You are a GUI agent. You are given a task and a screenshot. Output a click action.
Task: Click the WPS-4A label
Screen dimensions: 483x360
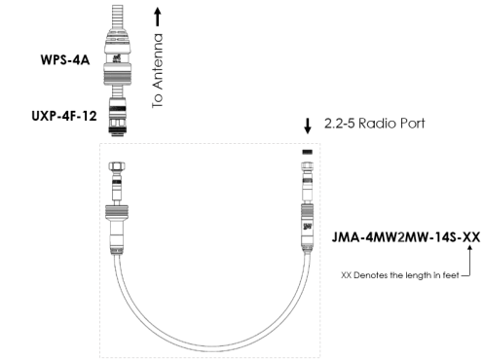click(65, 60)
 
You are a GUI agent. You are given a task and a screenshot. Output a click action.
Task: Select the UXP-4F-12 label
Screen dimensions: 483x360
click(64, 116)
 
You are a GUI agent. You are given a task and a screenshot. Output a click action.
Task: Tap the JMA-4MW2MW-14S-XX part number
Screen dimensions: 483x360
click(406, 237)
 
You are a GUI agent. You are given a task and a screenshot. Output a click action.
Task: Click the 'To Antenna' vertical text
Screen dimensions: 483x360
click(158, 71)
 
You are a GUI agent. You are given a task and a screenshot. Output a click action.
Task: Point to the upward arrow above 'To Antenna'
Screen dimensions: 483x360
click(158, 17)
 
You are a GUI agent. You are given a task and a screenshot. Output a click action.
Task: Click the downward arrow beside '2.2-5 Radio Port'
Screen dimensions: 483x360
click(308, 126)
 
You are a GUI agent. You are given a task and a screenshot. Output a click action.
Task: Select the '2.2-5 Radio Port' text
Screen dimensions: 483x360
click(375, 124)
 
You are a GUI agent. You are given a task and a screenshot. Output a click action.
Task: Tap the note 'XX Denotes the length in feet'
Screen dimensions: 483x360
click(400, 275)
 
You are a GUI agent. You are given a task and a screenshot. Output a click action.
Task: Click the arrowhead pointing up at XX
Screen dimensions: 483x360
click(469, 248)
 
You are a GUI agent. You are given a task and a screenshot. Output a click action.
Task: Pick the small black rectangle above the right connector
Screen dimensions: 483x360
click(308, 152)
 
